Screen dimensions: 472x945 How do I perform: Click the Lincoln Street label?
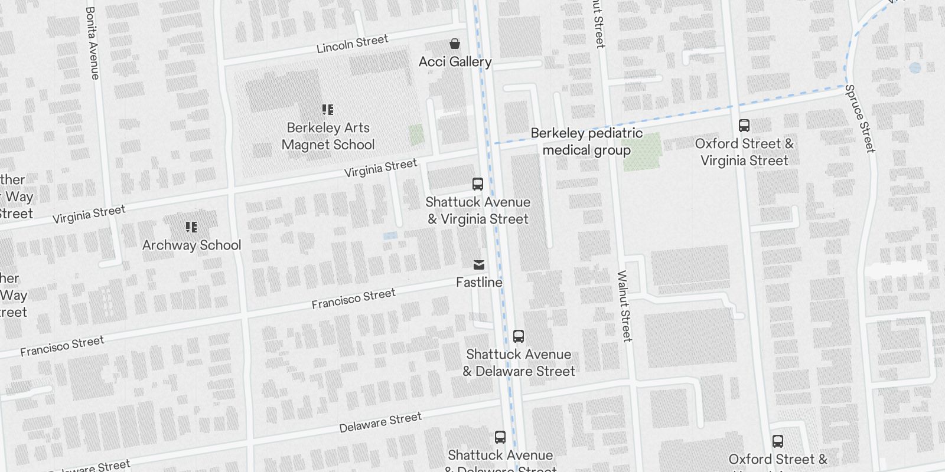[x=352, y=44]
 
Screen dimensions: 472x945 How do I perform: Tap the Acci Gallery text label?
[x=455, y=61]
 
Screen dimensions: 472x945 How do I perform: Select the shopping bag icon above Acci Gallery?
[x=455, y=44]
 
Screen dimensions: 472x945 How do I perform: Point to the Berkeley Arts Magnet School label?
[x=328, y=136]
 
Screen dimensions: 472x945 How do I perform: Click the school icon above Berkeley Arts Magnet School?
[x=328, y=110]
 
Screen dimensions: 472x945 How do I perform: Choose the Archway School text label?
[x=191, y=245]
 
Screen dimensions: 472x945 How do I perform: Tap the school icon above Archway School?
[x=191, y=227]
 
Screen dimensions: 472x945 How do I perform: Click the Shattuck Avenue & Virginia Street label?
[x=478, y=211]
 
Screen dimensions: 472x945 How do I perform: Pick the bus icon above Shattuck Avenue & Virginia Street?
[x=478, y=184]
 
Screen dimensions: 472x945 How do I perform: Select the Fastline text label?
[x=479, y=282]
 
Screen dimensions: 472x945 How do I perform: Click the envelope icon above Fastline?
[x=479, y=265]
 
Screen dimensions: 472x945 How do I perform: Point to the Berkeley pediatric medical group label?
[x=586, y=142]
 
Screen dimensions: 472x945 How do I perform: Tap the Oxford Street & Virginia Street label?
[x=744, y=152]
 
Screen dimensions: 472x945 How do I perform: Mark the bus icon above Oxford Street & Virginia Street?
[x=744, y=126]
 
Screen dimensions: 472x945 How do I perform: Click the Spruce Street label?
[x=860, y=119]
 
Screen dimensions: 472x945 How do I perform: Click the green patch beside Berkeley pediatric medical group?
[x=643, y=152]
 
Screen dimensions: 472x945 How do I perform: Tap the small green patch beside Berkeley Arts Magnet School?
[x=416, y=135]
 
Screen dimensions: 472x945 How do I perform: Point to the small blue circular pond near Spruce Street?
[x=915, y=68]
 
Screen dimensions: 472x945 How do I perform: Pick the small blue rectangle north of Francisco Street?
[x=390, y=236]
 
